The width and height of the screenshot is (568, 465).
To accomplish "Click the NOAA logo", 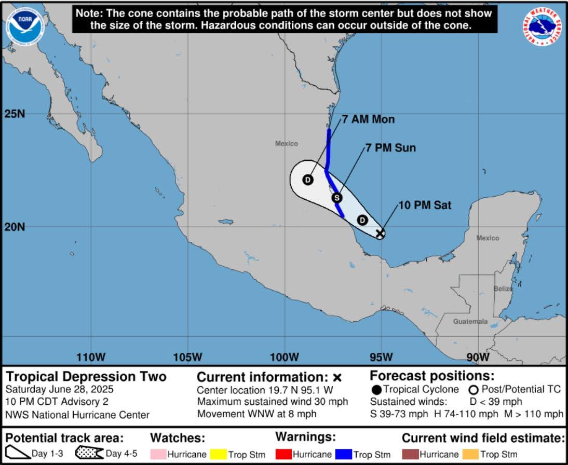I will pyautogui.click(x=25, y=25).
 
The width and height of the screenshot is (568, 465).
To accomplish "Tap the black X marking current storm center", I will pyautogui.click(x=380, y=234).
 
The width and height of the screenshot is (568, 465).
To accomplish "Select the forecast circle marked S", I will pyautogui.click(x=336, y=198).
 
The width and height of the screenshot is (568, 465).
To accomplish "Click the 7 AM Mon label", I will pyautogui.click(x=368, y=119).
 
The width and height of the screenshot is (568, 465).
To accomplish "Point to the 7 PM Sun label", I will pyautogui.click(x=390, y=148).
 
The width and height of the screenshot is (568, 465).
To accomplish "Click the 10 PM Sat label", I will pyautogui.click(x=425, y=206).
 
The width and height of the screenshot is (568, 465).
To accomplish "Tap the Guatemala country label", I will pyautogui.click(x=470, y=321).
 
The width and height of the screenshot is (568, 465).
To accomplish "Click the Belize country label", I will pyautogui.click(x=503, y=289).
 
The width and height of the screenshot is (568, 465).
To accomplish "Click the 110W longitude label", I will pyautogui.click(x=91, y=357).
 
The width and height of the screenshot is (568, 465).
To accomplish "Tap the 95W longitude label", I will pyautogui.click(x=381, y=357).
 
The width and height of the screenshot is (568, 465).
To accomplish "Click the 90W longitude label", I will pyautogui.click(x=478, y=357).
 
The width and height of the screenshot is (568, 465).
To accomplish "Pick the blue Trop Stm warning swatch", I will pyautogui.click(x=344, y=454).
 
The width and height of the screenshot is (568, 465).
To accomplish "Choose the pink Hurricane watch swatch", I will pyautogui.click(x=158, y=454).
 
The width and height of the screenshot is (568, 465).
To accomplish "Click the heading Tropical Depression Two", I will pyautogui.click(x=86, y=376).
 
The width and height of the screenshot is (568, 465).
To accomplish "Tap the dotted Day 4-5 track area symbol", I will pyautogui.click(x=89, y=453).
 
